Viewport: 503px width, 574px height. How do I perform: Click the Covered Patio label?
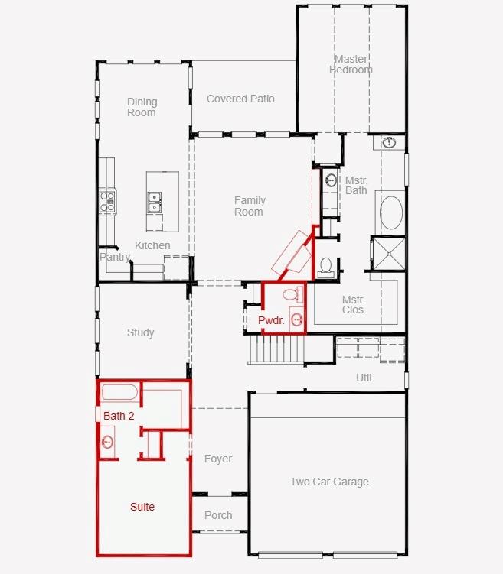pos(240,99)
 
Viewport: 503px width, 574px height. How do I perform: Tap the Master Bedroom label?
pos(351,64)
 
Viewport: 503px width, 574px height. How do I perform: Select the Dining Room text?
pos(142,107)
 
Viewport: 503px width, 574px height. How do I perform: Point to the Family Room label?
pos(250,206)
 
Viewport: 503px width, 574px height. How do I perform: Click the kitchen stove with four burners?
pos(107,201)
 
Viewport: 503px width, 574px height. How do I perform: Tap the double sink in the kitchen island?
pos(155,203)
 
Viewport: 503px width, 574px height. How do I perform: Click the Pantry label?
pos(115,257)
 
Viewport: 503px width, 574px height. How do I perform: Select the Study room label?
pos(140,332)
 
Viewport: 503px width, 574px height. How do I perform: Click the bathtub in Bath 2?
pos(119,392)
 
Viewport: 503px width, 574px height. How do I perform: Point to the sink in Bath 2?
pos(107,442)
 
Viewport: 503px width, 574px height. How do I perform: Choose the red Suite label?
pos(142,507)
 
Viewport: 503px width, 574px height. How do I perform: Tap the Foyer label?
pos(218,459)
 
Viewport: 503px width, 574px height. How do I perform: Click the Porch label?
pos(218,515)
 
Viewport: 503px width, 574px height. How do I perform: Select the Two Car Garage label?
pos(329,482)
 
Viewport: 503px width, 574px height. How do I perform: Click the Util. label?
pos(364,378)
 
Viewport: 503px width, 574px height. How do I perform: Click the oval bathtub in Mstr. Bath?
pos(391,212)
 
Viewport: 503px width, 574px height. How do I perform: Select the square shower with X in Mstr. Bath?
pos(389,254)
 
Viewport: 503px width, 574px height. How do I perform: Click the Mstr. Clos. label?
pos(354,304)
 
